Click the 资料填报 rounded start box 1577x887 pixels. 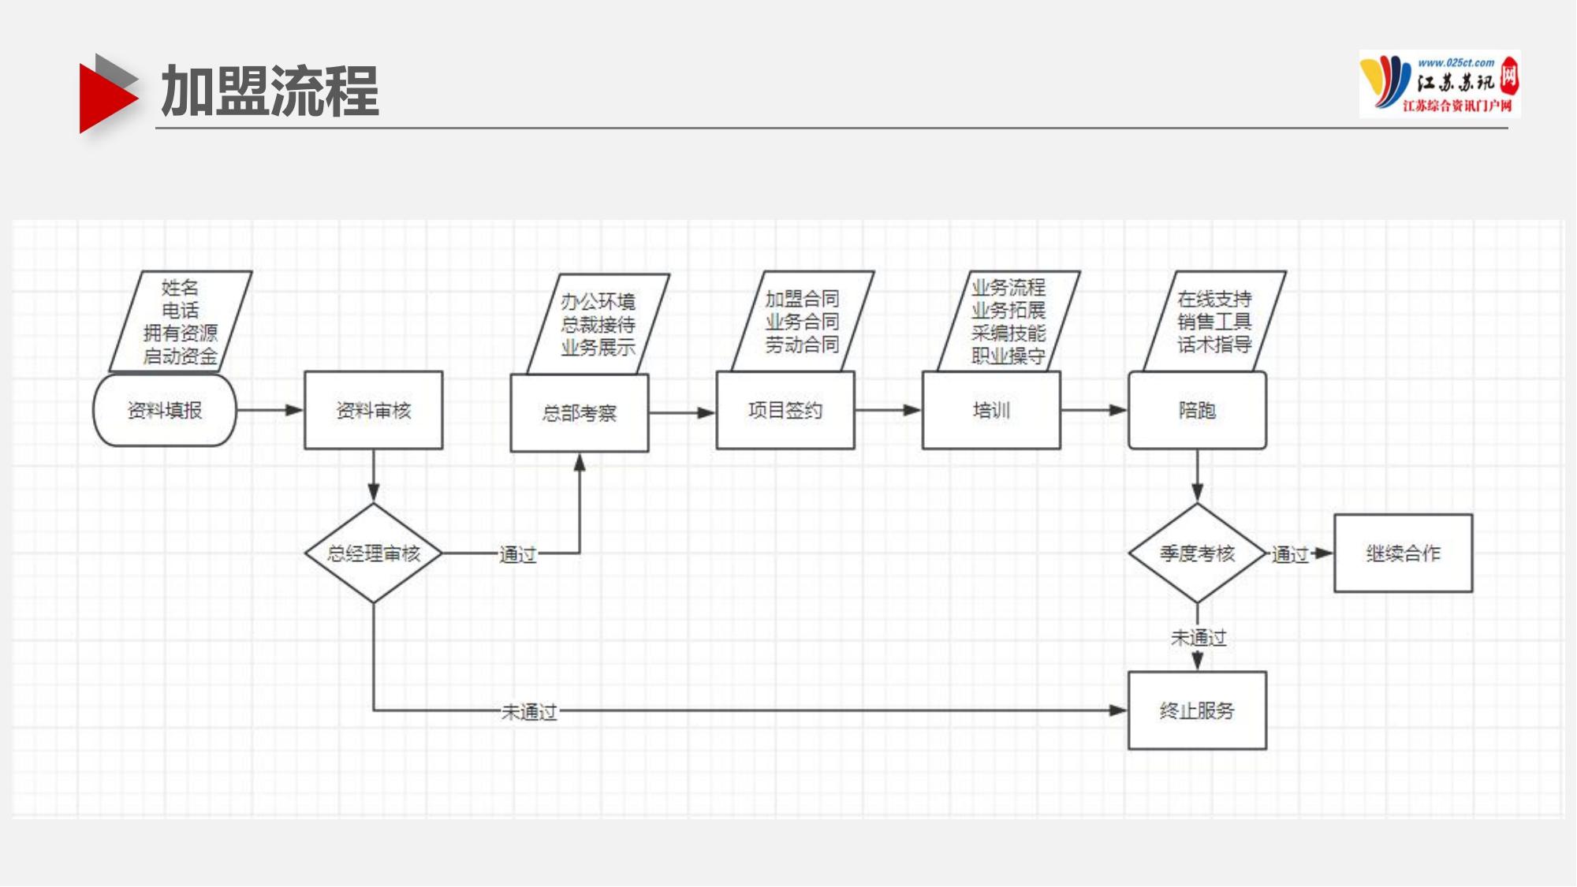(x=164, y=410)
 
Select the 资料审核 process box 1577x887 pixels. (x=373, y=410)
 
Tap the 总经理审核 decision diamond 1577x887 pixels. (x=373, y=553)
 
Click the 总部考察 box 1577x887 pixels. (x=579, y=412)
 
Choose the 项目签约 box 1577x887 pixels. (x=785, y=410)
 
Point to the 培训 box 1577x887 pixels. (x=990, y=410)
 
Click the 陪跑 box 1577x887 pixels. (x=1196, y=410)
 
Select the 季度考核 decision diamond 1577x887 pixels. (x=1196, y=553)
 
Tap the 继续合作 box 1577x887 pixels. (x=1402, y=553)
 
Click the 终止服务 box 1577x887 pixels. (x=1196, y=710)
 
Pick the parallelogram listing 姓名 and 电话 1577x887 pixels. (x=180, y=322)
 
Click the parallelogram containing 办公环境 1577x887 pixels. (x=598, y=324)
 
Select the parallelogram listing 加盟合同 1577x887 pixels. (x=802, y=322)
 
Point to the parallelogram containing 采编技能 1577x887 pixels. (x=1008, y=322)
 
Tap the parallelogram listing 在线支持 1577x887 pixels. (x=1214, y=322)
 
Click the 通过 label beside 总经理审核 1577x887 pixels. (x=517, y=554)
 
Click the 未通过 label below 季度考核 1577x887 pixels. (x=1198, y=637)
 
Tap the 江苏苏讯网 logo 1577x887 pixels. (x=1439, y=84)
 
